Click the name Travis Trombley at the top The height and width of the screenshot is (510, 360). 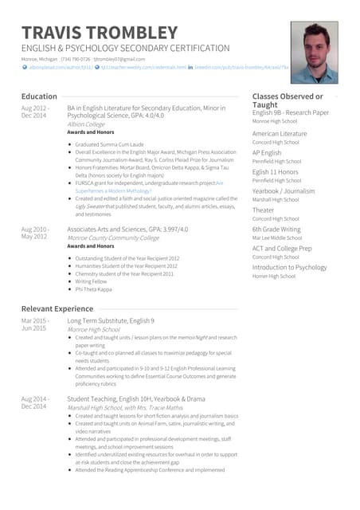(100, 33)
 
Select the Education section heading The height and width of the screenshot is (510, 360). (39, 96)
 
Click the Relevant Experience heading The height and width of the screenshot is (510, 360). (57, 308)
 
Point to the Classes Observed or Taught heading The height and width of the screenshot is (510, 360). (287, 100)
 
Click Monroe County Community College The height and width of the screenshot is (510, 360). (113, 237)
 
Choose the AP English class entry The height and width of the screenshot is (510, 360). (267, 152)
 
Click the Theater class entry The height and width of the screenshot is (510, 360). (264, 210)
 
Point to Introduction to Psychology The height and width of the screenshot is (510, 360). (289, 267)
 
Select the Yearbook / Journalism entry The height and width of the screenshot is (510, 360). (283, 190)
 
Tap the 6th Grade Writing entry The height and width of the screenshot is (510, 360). (276, 229)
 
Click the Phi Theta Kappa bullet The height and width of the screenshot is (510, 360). (93, 288)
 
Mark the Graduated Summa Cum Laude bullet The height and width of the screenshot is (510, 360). (108, 144)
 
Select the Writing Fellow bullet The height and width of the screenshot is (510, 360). (91, 280)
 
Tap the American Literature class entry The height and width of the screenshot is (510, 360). (280, 133)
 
